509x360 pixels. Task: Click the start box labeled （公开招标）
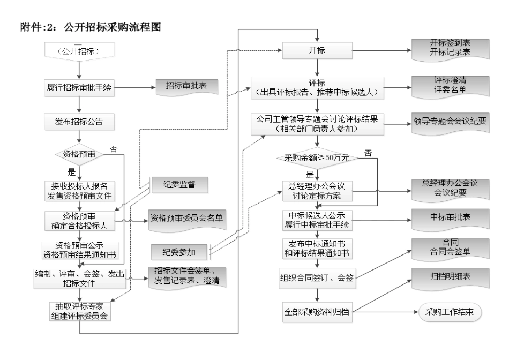coord(79,52)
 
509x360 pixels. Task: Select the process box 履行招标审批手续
coord(79,87)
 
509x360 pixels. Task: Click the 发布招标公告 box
coord(79,121)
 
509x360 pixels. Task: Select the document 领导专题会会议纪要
coord(451,121)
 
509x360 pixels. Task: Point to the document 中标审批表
coord(451,219)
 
